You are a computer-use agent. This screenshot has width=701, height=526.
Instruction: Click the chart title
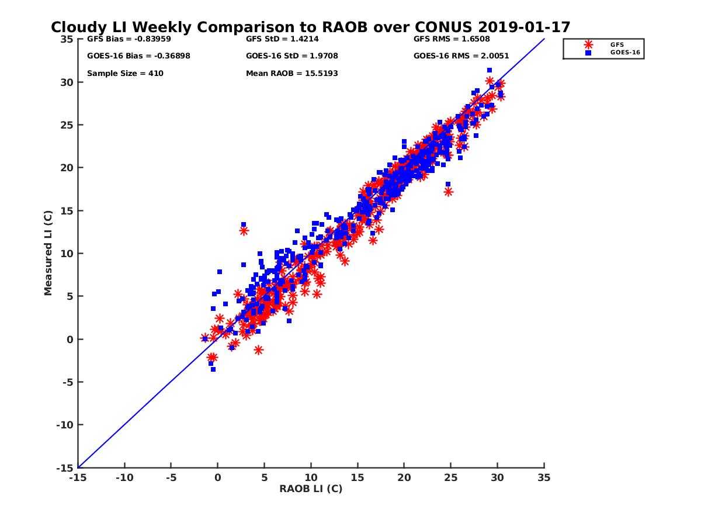click(310, 27)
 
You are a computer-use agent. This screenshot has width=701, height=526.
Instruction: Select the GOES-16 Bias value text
click(138, 56)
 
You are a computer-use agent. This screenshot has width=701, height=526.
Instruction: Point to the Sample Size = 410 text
click(125, 74)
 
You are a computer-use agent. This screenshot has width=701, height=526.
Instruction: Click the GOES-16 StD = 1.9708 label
click(292, 56)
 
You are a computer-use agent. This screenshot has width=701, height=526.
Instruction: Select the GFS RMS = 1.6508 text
click(452, 39)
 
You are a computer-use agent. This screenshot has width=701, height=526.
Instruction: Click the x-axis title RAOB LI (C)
click(310, 489)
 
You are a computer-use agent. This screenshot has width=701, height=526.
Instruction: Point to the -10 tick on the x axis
click(124, 478)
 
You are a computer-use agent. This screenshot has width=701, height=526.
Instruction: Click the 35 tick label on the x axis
click(544, 478)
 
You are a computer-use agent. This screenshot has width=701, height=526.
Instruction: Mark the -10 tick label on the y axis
click(65, 425)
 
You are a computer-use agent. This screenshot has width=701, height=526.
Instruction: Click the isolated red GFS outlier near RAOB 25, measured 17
click(449, 192)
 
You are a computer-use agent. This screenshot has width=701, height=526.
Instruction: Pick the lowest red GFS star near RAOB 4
click(258, 350)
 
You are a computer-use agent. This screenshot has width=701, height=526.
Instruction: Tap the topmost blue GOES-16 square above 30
click(489, 70)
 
